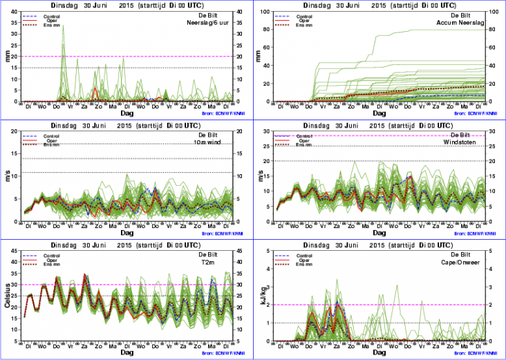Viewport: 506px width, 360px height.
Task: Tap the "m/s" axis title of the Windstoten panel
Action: click(x=261, y=179)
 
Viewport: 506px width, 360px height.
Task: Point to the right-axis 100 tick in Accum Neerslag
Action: click(x=492, y=11)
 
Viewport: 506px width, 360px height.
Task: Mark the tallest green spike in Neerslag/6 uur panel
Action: click(x=64, y=26)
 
